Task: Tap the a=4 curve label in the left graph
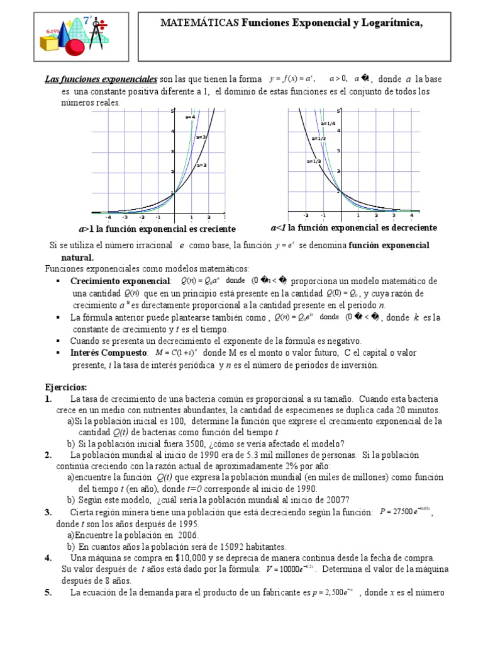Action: (190, 117)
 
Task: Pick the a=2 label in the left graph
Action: (201, 165)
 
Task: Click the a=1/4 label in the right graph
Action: (328, 123)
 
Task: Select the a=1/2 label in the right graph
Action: (314, 161)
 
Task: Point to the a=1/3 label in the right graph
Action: (318, 138)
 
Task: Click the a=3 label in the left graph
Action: (201, 137)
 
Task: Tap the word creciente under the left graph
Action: (216, 229)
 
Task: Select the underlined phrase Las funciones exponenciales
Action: (100, 79)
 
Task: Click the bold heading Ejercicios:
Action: (66, 387)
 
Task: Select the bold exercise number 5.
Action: (48, 593)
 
